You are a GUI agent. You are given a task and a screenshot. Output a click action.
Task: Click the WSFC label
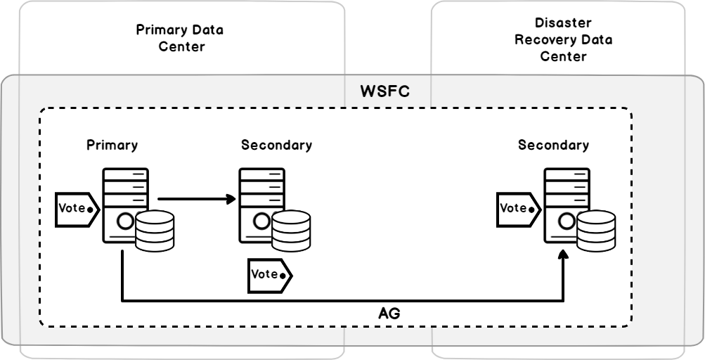pyautogui.click(x=384, y=93)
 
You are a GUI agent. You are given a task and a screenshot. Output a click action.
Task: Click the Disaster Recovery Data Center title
pyautogui.click(x=563, y=39)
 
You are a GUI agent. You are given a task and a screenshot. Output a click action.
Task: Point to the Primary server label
pyautogui.click(x=112, y=146)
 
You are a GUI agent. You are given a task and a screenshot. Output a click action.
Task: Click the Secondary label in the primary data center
pyautogui.click(x=276, y=146)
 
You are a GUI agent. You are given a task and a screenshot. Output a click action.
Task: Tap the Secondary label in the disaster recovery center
pyautogui.click(x=553, y=146)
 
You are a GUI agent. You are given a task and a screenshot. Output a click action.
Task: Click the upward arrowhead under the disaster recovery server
pyautogui.click(x=563, y=258)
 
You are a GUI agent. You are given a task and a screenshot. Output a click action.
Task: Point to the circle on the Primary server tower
pyautogui.click(x=124, y=222)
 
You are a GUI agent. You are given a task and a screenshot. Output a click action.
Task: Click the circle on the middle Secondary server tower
pyautogui.click(x=261, y=222)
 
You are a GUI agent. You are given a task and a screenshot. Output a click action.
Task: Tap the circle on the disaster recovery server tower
pyautogui.click(x=565, y=222)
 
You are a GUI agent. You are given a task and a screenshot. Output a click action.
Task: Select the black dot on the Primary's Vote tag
pyautogui.click(x=90, y=209)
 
